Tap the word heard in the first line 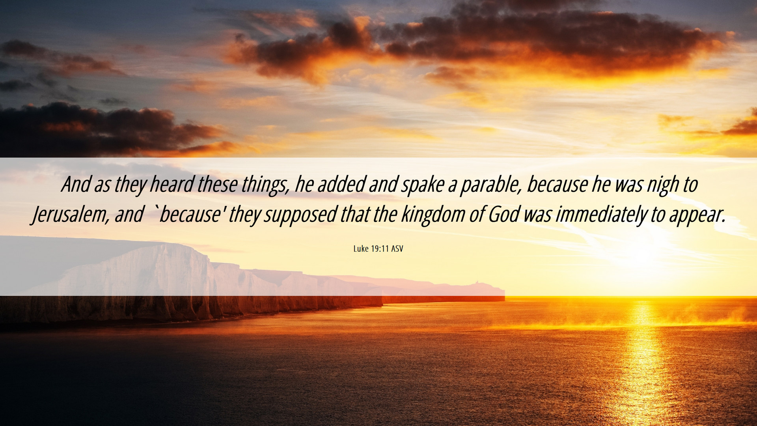(172, 184)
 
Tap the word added (341, 184)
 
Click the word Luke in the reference (361, 248)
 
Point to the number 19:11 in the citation (380, 248)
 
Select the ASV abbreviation (397, 248)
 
